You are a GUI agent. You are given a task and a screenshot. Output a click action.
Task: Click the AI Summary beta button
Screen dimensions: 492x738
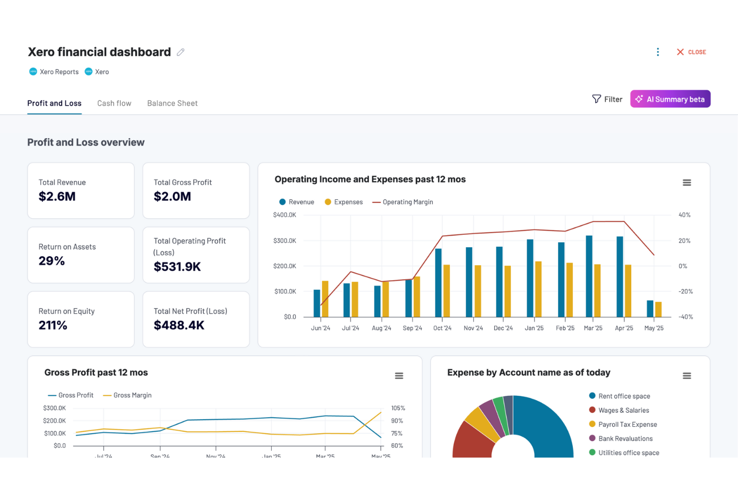(x=670, y=99)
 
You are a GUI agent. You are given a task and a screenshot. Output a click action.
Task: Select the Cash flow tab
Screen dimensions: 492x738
(x=114, y=103)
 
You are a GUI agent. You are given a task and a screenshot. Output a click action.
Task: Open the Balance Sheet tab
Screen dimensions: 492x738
(x=172, y=103)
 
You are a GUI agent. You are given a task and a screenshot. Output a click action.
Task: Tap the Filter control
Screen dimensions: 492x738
(x=607, y=99)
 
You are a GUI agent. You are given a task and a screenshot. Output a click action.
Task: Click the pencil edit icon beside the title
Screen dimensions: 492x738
(x=181, y=52)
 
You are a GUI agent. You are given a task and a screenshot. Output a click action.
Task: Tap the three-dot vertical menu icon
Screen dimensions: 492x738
(x=658, y=52)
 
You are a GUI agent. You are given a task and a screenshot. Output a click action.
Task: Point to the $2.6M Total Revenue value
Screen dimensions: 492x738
(x=57, y=196)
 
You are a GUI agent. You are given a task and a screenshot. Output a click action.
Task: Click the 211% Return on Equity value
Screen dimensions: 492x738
(x=53, y=325)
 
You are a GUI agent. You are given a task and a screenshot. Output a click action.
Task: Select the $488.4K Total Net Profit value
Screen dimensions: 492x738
(x=179, y=325)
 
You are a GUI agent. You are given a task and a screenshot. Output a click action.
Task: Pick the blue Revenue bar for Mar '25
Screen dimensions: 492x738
(x=589, y=276)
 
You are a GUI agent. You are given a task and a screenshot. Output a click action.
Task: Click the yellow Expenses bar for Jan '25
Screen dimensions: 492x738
(x=538, y=289)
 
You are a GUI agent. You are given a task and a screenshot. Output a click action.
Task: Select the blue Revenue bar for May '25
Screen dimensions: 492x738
(x=650, y=309)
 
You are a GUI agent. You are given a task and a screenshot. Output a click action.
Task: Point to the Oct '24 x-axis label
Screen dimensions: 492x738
(x=442, y=328)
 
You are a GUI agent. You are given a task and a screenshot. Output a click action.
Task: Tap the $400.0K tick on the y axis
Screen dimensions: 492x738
(x=284, y=215)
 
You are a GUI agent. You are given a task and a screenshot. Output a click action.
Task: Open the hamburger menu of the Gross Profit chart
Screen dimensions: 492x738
(x=399, y=376)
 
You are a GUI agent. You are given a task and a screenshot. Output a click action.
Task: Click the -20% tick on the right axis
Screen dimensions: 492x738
(x=686, y=291)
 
